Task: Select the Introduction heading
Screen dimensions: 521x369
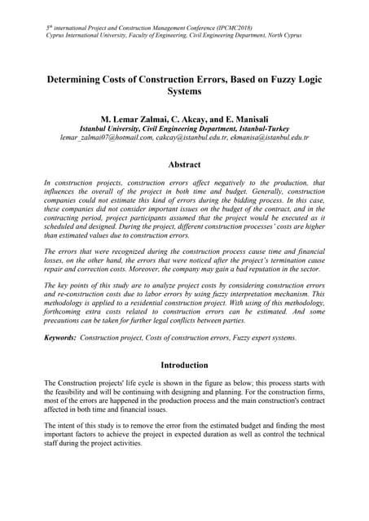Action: [184, 365]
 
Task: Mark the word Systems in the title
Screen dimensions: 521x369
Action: [184, 93]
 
